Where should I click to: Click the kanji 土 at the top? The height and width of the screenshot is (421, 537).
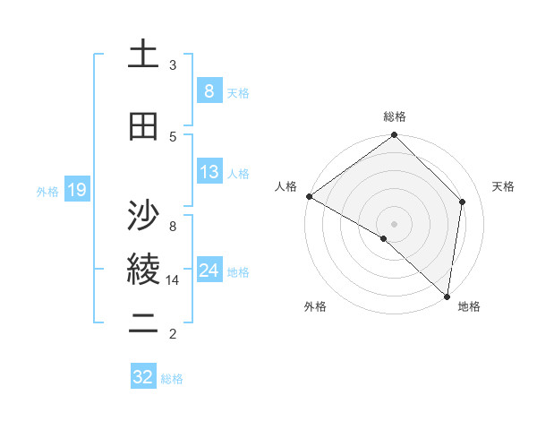(x=143, y=56)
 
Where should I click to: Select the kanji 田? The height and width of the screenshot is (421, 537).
(x=143, y=127)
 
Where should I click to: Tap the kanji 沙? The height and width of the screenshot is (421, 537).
(x=143, y=216)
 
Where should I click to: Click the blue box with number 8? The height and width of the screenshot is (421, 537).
(x=209, y=90)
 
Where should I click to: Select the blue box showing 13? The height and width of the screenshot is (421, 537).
(x=209, y=172)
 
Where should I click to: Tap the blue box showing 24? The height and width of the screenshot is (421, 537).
(x=209, y=270)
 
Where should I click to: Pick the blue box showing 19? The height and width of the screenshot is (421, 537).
(x=76, y=190)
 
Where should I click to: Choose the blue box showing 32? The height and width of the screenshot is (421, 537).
(x=143, y=377)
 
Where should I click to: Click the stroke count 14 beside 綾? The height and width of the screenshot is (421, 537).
(x=174, y=280)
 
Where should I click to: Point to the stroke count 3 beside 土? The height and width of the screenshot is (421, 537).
(x=173, y=65)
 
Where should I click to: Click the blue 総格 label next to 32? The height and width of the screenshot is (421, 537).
(x=172, y=379)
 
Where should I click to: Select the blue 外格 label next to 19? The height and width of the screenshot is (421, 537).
(x=47, y=191)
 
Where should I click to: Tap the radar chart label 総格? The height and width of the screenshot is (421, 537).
(x=394, y=116)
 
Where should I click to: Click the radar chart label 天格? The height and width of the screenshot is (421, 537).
(x=504, y=186)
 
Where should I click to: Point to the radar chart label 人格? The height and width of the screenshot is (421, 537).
(x=286, y=186)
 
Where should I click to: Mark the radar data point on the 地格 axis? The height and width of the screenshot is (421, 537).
(x=447, y=296)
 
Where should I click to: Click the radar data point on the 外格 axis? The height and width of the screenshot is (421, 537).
(x=384, y=238)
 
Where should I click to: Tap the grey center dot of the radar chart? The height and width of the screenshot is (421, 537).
(x=394, y=223)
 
